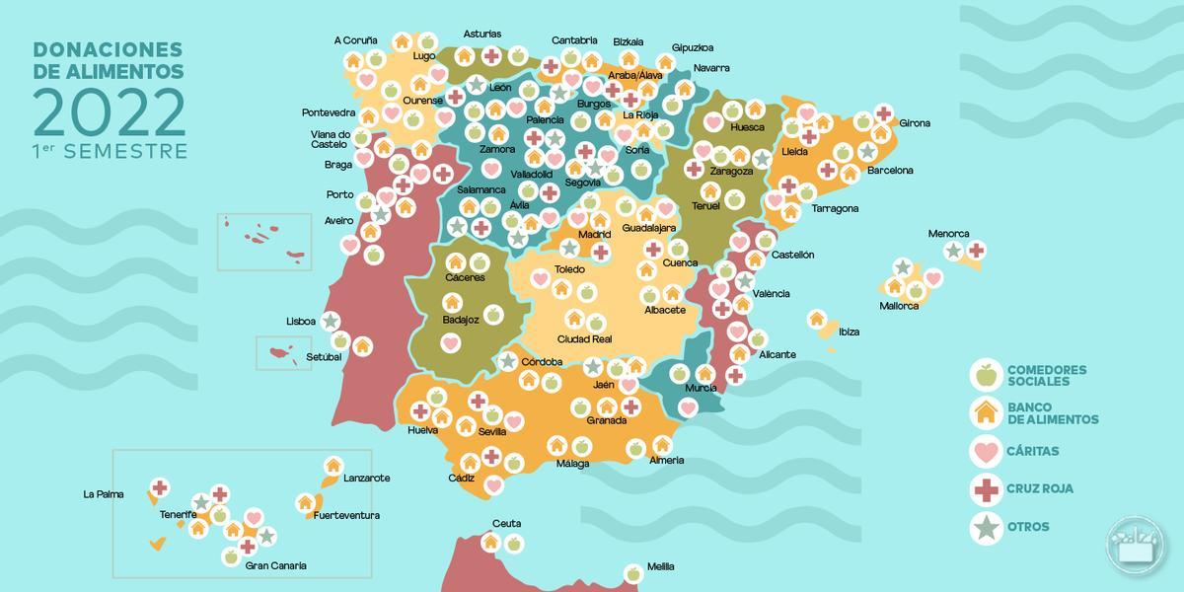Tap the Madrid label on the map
point(595,235)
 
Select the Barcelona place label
point(890,170)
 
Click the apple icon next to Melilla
point(633,572)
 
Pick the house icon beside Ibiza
point(817,319)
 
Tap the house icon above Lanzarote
point(333,465)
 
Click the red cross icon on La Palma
point(159,486)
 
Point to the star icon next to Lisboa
point(331,321)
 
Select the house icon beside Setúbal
point(362,345)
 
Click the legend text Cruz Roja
point(1040,488)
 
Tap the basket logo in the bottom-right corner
point(1136,544)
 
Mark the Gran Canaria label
point(276,565)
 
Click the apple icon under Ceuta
point(514,543)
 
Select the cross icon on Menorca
point(976,250)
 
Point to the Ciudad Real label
point(585,339)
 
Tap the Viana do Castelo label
point(331,139)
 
